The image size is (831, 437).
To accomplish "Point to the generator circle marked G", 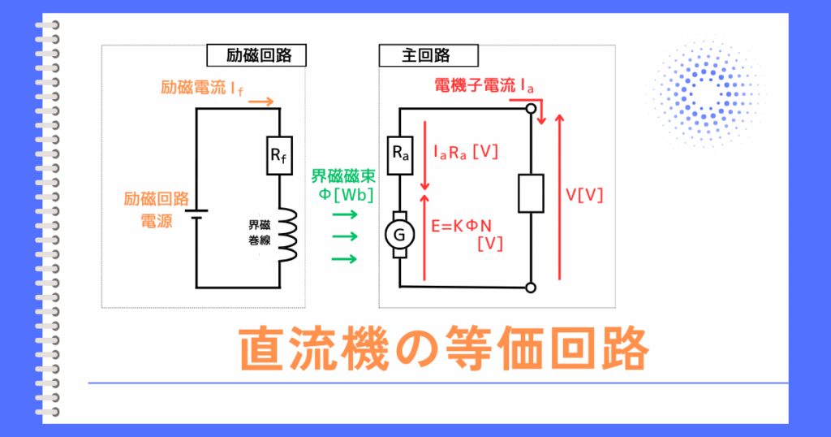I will pos(399,235).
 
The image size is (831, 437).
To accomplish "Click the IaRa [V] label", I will pos(466,152).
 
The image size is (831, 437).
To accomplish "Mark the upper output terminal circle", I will pos(531,108).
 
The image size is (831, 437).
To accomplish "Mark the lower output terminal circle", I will pos(531,286).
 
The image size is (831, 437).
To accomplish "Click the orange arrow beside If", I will pos(260,102).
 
